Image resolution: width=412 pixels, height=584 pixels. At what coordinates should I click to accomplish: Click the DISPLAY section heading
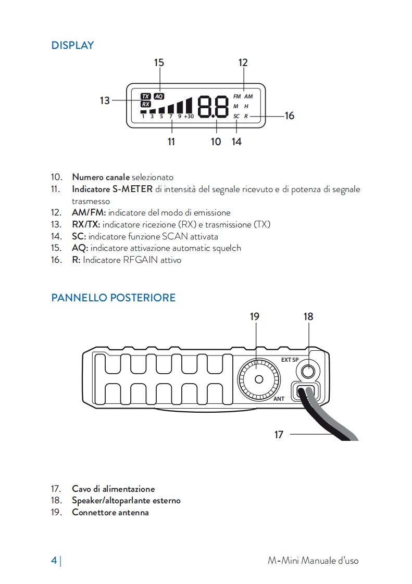[x=72, y=45]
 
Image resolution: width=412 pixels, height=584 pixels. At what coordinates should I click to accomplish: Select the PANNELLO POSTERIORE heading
[x=113, y=298]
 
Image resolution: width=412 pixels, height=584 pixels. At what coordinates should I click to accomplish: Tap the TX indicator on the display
[x=146, y=96]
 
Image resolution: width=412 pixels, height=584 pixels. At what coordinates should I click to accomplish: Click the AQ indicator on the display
[x=159, y=96]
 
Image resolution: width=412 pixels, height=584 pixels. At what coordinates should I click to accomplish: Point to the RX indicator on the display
[x=146, y=104]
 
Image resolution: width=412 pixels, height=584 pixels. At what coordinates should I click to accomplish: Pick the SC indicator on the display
[x=236, y=116]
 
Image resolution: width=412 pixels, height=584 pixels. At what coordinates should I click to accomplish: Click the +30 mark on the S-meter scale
[x=189, y=117]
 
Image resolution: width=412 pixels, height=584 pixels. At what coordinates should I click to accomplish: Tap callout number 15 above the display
[x=159, y=63]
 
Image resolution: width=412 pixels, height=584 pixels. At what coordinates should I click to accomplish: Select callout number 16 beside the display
[x=290, y=116]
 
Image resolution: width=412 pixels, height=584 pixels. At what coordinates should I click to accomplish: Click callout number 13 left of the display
[x=105, y=100]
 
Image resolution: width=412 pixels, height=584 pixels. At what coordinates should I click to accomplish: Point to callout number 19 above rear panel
[x=254, y=316]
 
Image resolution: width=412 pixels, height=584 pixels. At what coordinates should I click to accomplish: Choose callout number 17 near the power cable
[x=279, y=434]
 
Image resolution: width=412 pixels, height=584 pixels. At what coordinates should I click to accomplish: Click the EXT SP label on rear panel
[x=290, y=360]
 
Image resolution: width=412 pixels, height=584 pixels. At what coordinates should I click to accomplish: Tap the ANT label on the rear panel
[x=279, y=399]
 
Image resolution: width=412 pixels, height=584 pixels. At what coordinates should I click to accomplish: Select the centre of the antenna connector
[x=258, y=379]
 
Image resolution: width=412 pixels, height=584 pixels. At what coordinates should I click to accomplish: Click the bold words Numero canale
[x=101, y=177]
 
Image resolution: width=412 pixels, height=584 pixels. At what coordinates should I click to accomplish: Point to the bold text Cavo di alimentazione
[x=113, y=489]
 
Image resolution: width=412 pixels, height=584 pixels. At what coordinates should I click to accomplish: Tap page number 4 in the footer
[x=54, y=561]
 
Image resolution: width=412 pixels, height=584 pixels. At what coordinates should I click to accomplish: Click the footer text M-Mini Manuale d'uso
[x=313, y=561]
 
